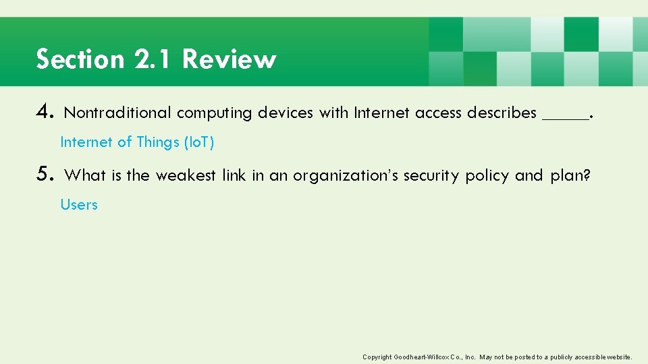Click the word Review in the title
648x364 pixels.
pos(229,59)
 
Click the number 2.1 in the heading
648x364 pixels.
pos(155,59)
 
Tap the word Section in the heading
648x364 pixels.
pos(81,59)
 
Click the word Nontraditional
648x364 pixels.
pos(117,113)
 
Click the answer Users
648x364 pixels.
pos(79,204)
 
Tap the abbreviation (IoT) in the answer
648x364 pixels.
pos(199,142)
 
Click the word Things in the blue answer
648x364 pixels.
pos(158,142)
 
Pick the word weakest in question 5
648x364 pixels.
pos(186,175)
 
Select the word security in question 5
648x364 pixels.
pos(431,175)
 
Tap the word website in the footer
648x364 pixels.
pos(616,357)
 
